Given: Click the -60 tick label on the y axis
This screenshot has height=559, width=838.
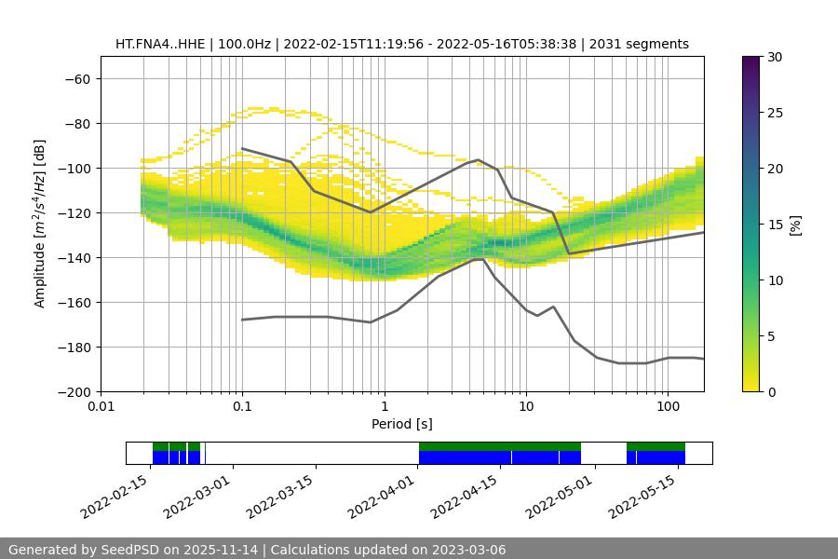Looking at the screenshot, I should point(78,79).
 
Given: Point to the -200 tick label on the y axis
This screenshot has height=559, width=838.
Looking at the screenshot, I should point(74,392).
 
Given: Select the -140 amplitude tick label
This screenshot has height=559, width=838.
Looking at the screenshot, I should point(74,258).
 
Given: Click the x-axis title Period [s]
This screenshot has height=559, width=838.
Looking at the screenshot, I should point(402,424).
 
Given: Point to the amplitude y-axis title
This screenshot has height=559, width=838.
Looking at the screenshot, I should point(40,224).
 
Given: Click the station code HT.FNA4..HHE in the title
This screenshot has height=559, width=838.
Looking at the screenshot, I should point(159,44).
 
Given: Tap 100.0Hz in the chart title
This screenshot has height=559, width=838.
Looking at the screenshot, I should point(244,44).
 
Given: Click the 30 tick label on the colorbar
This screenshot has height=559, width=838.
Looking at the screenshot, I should point(775,58).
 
